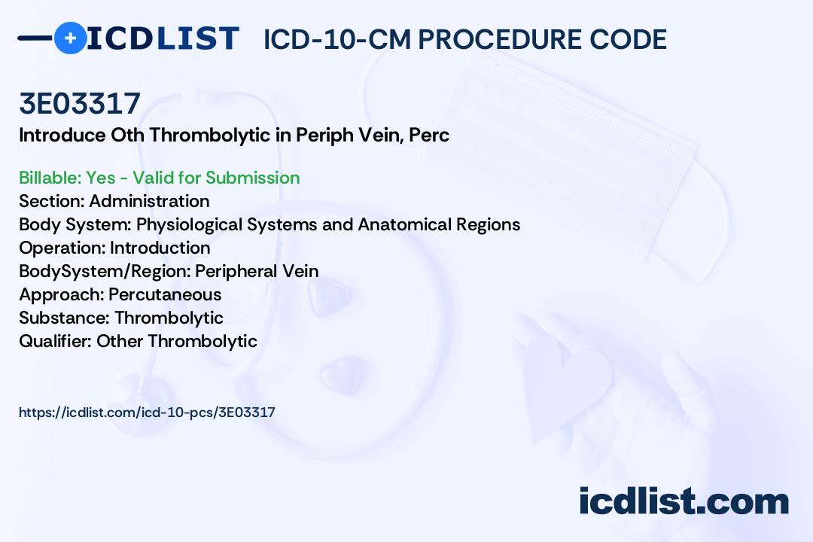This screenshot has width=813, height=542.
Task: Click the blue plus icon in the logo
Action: (x=70, y=38)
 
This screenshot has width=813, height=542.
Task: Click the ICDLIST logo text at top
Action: (x=163, y=38)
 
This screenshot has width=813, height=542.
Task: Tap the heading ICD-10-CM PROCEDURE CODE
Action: (x=464, y=40)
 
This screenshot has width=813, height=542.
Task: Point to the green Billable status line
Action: (x=160, y=178)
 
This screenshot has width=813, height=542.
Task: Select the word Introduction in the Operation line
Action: (x=160, y=248)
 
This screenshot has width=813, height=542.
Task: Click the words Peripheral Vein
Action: (x=257, y=271)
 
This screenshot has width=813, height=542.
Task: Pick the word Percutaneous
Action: (x=165, y=294)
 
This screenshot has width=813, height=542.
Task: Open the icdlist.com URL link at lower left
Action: (x=147, y=413)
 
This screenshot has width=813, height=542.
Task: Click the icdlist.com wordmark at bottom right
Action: (x=684, y=501)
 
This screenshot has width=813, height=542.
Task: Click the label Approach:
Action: (x=61, y=294)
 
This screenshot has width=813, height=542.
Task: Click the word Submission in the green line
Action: (x=252, y=178)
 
